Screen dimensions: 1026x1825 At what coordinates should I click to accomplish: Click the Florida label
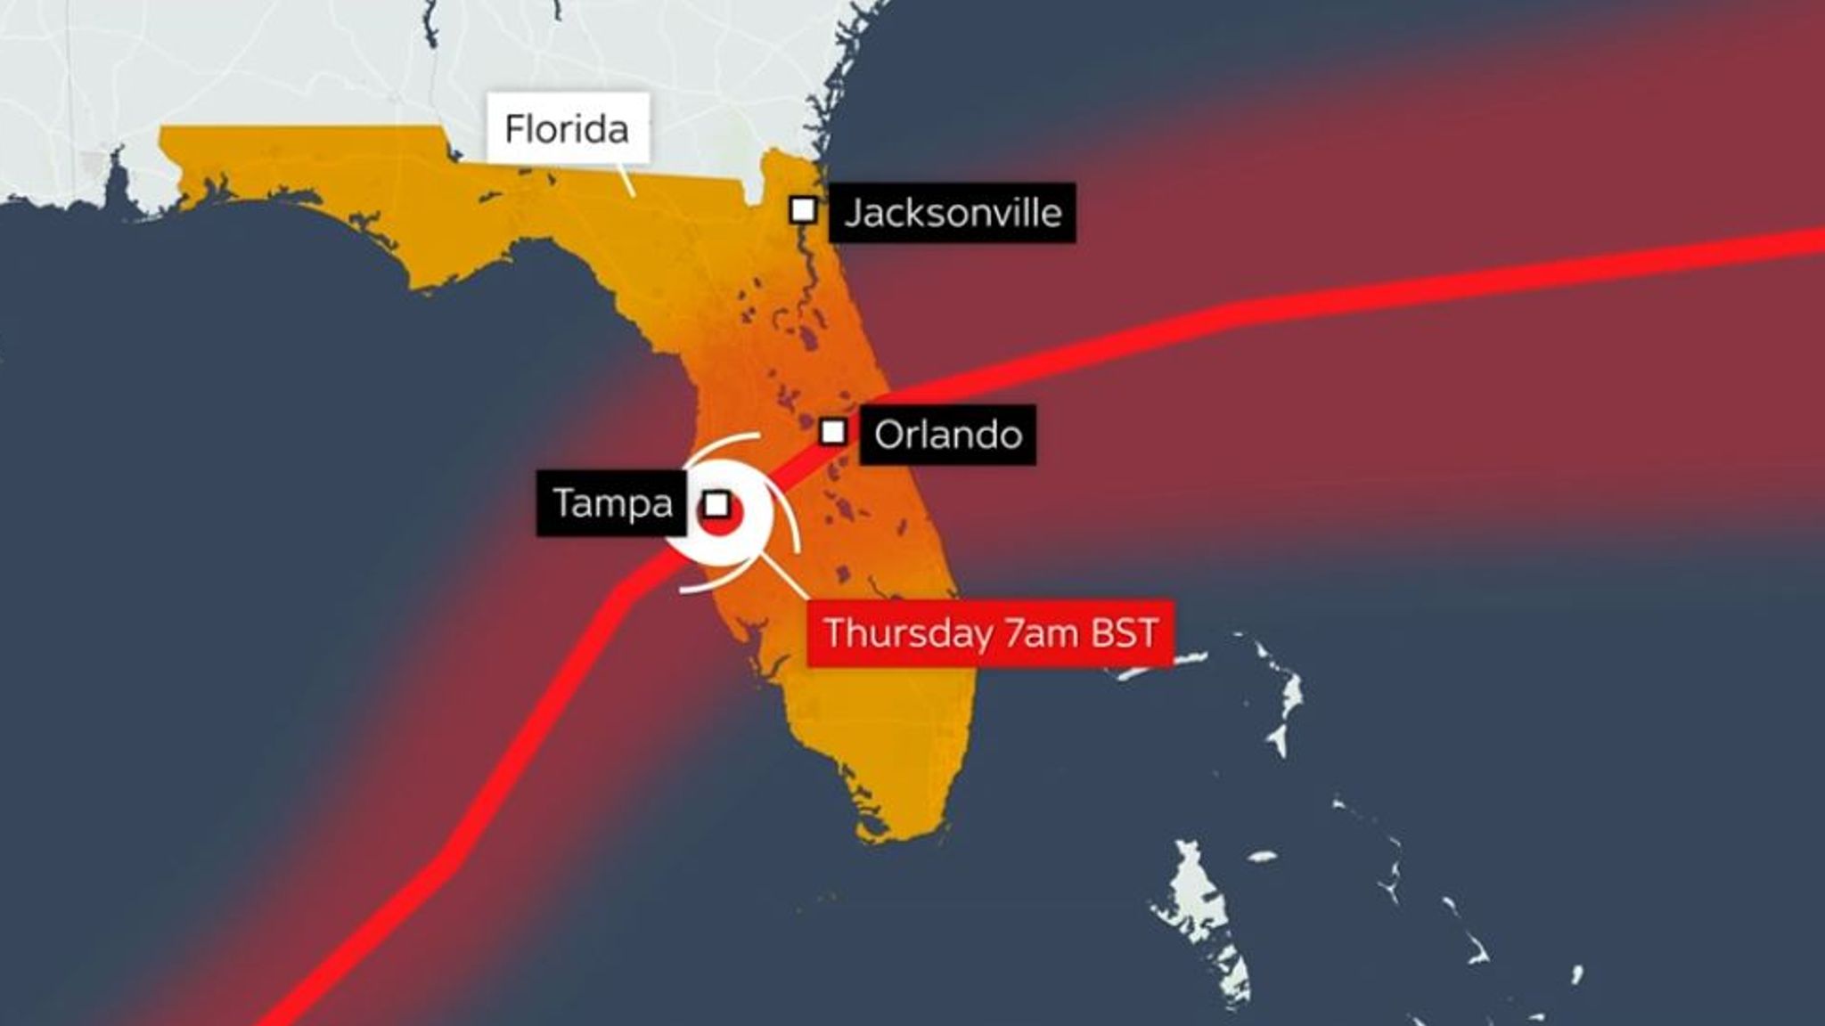[x=567, y=129]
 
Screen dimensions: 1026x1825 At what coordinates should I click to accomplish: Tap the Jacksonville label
[x=952, y=214]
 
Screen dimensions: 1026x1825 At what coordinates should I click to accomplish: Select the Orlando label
[x=947, y=435]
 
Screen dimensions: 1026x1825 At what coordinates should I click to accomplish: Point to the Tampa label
[x=612, y=503]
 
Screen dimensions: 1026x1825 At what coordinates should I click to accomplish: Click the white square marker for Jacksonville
[x=803, y=211]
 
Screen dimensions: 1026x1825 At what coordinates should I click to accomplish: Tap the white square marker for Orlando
[x=832, y=432]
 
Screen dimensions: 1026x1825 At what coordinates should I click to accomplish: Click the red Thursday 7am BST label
[x=990, y=633]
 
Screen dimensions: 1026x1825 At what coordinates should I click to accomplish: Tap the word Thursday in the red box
[x=908, y=633]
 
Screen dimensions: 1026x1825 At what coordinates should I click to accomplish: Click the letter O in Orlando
[x=890, y=436]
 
